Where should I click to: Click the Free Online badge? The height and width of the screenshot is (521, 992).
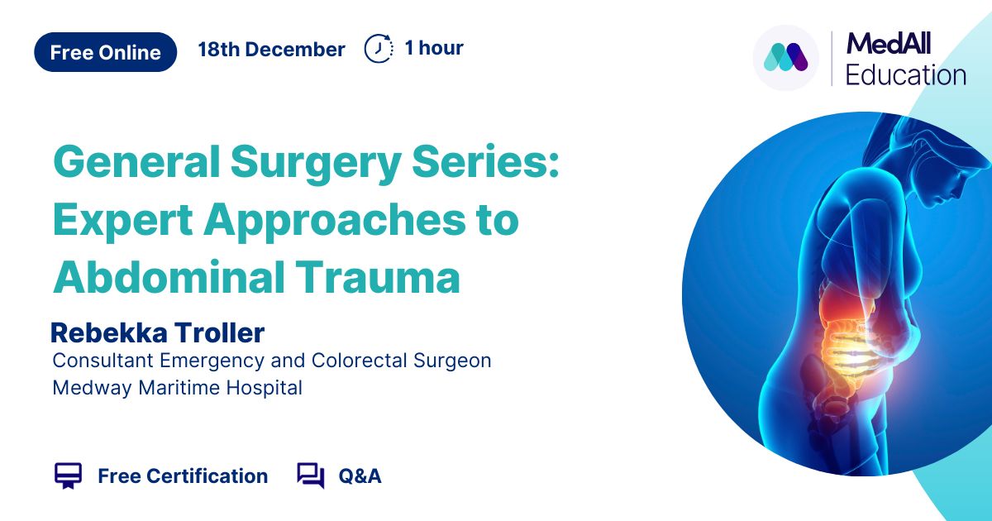(106, 52)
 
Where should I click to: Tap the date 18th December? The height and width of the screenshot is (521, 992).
(271, 49)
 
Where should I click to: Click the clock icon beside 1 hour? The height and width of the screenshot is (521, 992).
(379, 48)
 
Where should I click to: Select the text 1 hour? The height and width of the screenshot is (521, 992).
(434, 48)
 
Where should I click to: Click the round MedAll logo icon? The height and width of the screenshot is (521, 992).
(786, 58)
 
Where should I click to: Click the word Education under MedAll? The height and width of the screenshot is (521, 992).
(906, 75)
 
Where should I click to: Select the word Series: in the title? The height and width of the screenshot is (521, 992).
(485, 160)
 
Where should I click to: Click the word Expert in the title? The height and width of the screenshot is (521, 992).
(122, 221)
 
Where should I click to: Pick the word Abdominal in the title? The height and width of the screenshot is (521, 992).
(169, 277)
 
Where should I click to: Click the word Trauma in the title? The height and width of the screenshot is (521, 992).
(378, 277)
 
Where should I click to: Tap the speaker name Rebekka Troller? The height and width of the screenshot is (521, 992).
(158, 333)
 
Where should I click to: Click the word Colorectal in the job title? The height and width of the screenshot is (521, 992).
(359, 361)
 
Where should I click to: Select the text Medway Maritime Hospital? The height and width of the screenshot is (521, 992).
(177, 388)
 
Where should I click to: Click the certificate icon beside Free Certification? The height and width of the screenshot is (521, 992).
(68, 476)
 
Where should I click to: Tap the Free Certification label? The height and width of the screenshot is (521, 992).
(183, 476)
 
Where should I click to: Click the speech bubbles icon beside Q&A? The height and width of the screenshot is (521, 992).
(311, 476)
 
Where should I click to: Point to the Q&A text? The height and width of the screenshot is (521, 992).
(360, 476)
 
